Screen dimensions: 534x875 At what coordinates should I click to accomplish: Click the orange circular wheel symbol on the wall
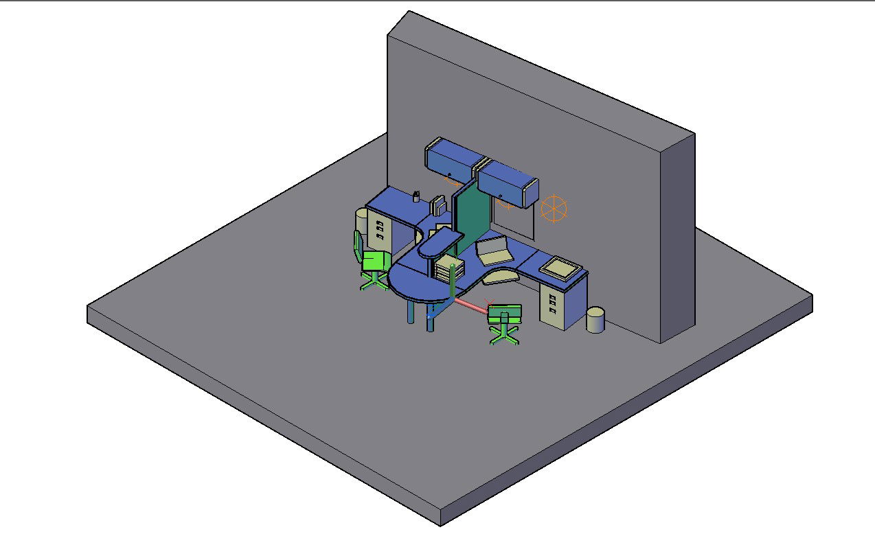coord(554,209)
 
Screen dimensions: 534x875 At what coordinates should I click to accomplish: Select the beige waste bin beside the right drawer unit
coord(595,321)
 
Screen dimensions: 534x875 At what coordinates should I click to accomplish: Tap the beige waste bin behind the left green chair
coord(362,223)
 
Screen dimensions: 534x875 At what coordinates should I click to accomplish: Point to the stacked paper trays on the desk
coord(451,270)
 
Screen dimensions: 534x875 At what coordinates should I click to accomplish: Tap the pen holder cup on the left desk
coord(416,197)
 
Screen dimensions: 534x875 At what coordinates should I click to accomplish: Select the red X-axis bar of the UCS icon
coord(473,306)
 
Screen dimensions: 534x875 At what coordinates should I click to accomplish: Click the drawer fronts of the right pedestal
coord(553,306)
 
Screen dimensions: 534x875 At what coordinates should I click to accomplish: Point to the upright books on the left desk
coord(437,205)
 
